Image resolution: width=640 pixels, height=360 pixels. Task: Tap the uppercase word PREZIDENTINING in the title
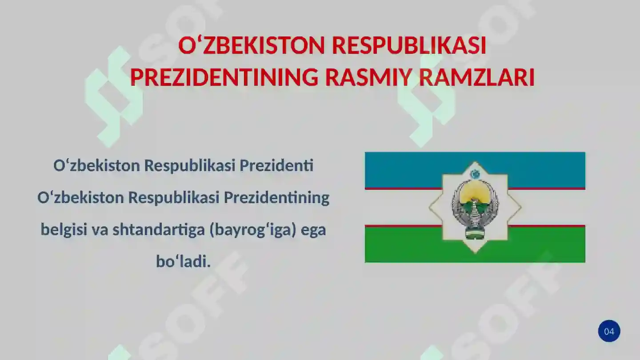tap(224, 78)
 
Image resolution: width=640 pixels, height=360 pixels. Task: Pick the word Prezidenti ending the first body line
tap(276, 166)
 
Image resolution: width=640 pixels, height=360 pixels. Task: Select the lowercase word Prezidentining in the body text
tap(276, 198)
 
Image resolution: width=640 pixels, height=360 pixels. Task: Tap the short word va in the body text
tap(100, 230)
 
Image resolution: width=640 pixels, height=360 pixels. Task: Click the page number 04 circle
tap(609, 331)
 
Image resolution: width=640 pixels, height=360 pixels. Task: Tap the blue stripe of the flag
tap(400, 169)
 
